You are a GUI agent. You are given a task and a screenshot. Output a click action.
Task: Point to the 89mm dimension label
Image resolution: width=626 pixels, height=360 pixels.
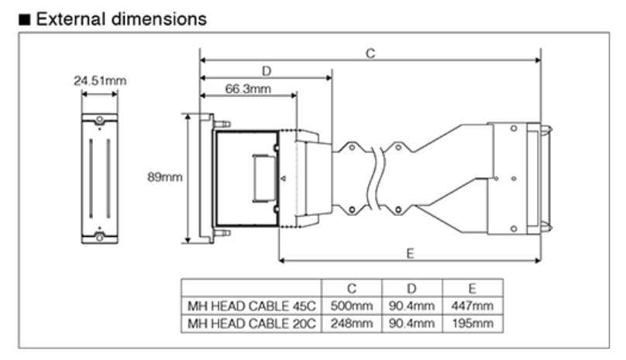point(164,177)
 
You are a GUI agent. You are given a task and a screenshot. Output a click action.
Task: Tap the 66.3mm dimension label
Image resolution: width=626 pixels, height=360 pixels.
point(248,88)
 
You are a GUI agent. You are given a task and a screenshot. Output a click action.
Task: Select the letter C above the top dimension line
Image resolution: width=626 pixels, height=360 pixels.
point(370,53)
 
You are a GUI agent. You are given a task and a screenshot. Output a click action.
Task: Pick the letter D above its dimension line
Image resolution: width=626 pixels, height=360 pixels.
point(266,70)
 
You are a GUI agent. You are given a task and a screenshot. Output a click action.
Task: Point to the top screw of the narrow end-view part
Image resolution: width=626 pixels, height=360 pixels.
point(99,121)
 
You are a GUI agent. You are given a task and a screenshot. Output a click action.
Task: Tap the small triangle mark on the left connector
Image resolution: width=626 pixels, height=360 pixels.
point(284,179)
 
